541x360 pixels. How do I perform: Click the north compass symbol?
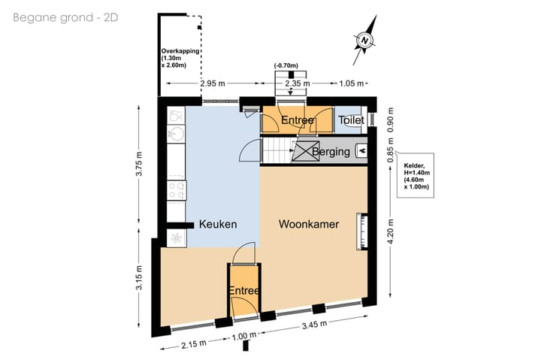364,40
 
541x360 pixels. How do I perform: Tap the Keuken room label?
218,224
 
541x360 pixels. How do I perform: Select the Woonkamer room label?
308,224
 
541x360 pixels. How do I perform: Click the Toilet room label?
351,120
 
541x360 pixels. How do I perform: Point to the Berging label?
331,152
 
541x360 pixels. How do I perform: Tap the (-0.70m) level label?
286,65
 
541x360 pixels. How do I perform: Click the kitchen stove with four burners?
177,191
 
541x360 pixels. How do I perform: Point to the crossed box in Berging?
305,152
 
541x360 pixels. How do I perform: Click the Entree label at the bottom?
244,291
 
